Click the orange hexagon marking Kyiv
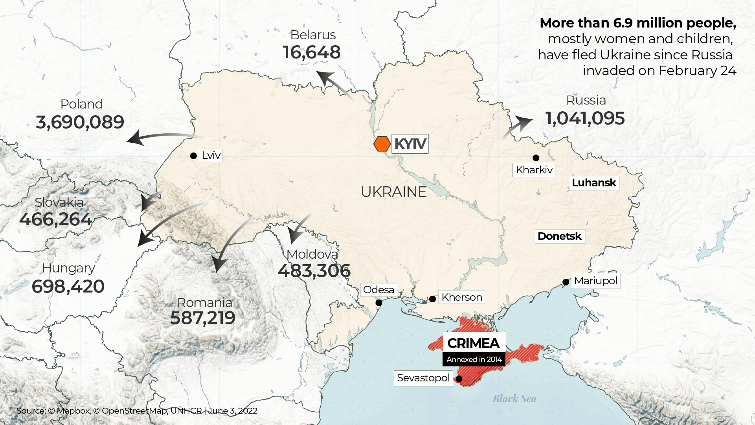tap(382, 144)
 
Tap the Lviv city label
tap(211, 155)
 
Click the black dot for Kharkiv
tap(536, 158)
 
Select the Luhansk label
tap(594, 183)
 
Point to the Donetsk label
tap(560, 236)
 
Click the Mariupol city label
tap(595, 281)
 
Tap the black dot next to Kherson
tap(432, 299)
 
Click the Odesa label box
tap(378, 290)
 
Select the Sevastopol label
tap(423, 378)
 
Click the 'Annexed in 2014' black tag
tap(474, 359)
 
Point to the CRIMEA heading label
tap(473, 343)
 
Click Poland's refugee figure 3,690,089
tap(80, 122)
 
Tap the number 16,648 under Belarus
tap(312, 52)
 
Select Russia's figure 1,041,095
tap(585, 118)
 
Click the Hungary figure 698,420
tap(68, 287)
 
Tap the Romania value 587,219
tap(203, 318)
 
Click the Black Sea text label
tap(514, 399)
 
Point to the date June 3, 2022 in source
tap(233, 411)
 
